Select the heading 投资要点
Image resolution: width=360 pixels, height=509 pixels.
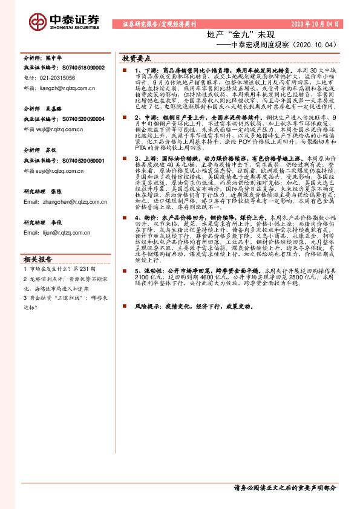136,59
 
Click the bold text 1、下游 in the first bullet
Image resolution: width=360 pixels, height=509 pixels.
145,71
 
